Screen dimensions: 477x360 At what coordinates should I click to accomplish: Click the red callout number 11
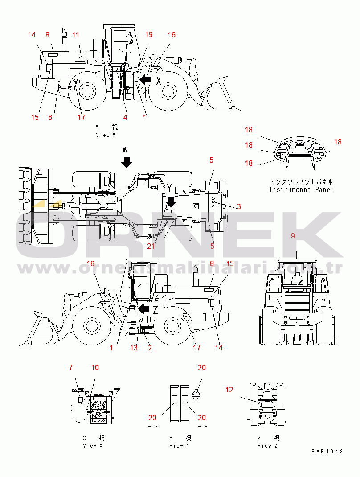(75, 35)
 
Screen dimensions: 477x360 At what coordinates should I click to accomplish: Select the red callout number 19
(149, 35)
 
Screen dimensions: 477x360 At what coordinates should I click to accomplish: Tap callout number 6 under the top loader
(50, 117)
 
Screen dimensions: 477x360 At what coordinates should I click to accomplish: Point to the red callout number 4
(125, 117)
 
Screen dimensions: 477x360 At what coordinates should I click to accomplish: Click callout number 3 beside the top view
(239, 206)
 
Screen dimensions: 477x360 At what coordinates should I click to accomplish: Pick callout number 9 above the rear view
(293, 236)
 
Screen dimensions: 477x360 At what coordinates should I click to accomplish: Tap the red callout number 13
(134, 348)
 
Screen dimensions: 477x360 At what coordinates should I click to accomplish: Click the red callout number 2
(150, 348)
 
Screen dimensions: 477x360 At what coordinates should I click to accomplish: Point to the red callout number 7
(70, 367)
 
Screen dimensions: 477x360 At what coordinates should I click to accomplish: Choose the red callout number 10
(95, 367)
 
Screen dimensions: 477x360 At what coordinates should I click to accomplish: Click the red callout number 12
(229, 390)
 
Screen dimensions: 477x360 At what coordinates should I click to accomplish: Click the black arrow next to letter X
(145, 80)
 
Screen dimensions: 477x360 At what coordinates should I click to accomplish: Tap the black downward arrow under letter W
(127, 161)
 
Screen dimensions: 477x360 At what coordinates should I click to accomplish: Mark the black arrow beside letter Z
(143, 309)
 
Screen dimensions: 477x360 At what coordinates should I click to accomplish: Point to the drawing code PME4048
(327, 451)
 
